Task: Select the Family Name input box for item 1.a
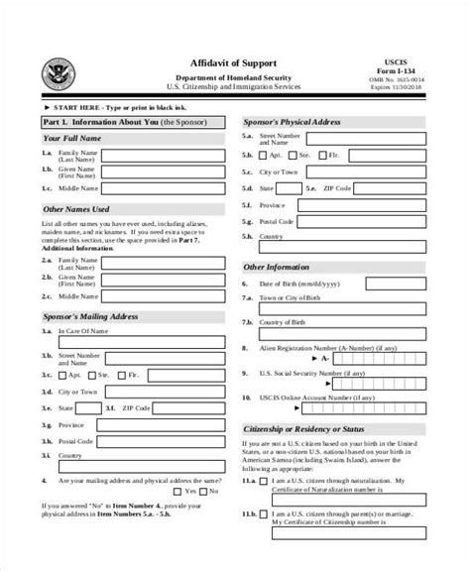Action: click(x=164, y=156)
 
